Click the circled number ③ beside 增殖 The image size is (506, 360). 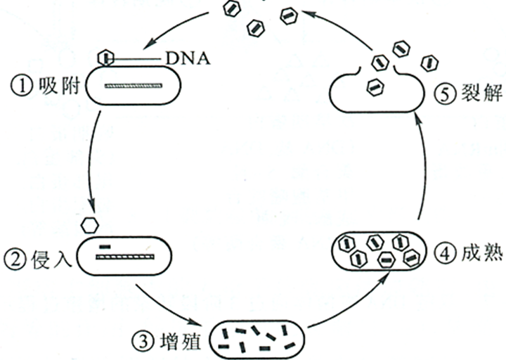coord(141,342)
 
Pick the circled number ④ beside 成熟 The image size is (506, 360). coord(437,251)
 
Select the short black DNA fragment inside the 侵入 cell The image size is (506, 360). coord(105,247)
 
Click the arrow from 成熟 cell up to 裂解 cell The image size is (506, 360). coord(420,169)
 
